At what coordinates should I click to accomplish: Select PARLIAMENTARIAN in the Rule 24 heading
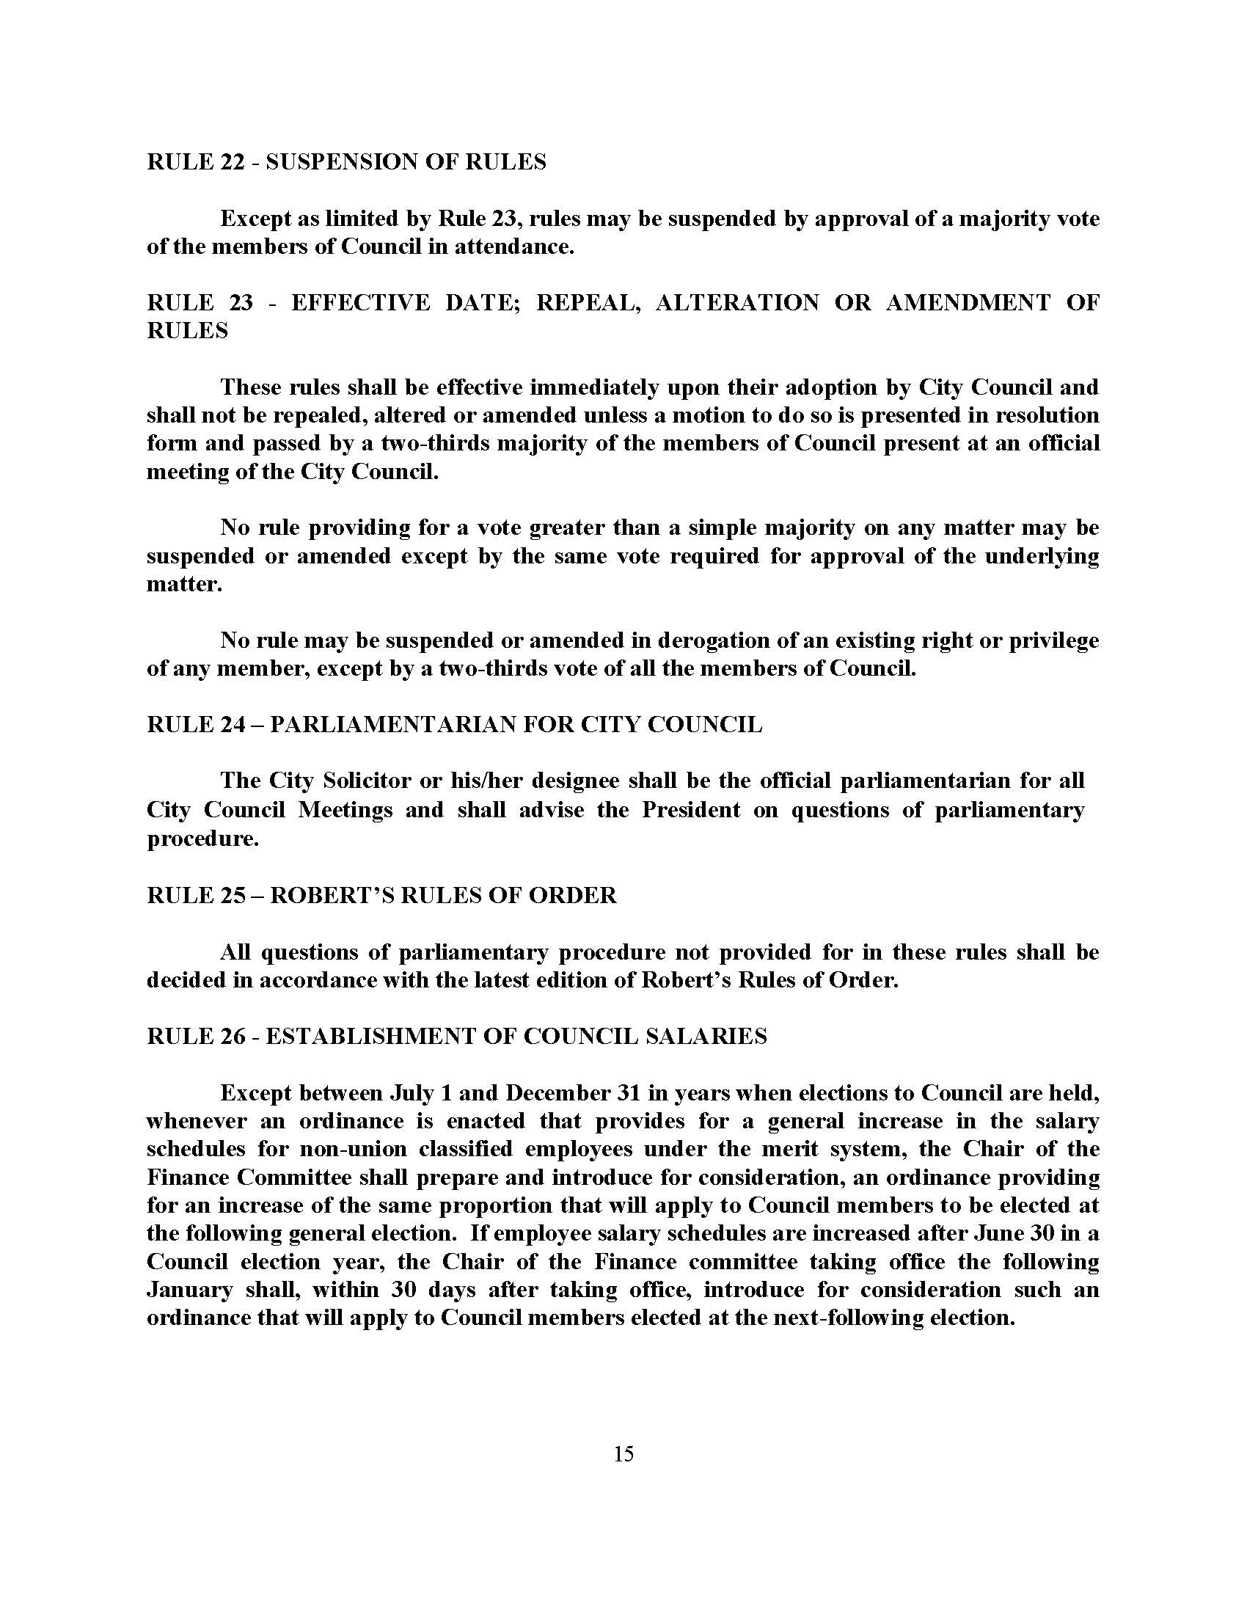click(x=392, y=725)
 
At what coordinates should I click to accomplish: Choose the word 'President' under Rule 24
click(x=691, y=810)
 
